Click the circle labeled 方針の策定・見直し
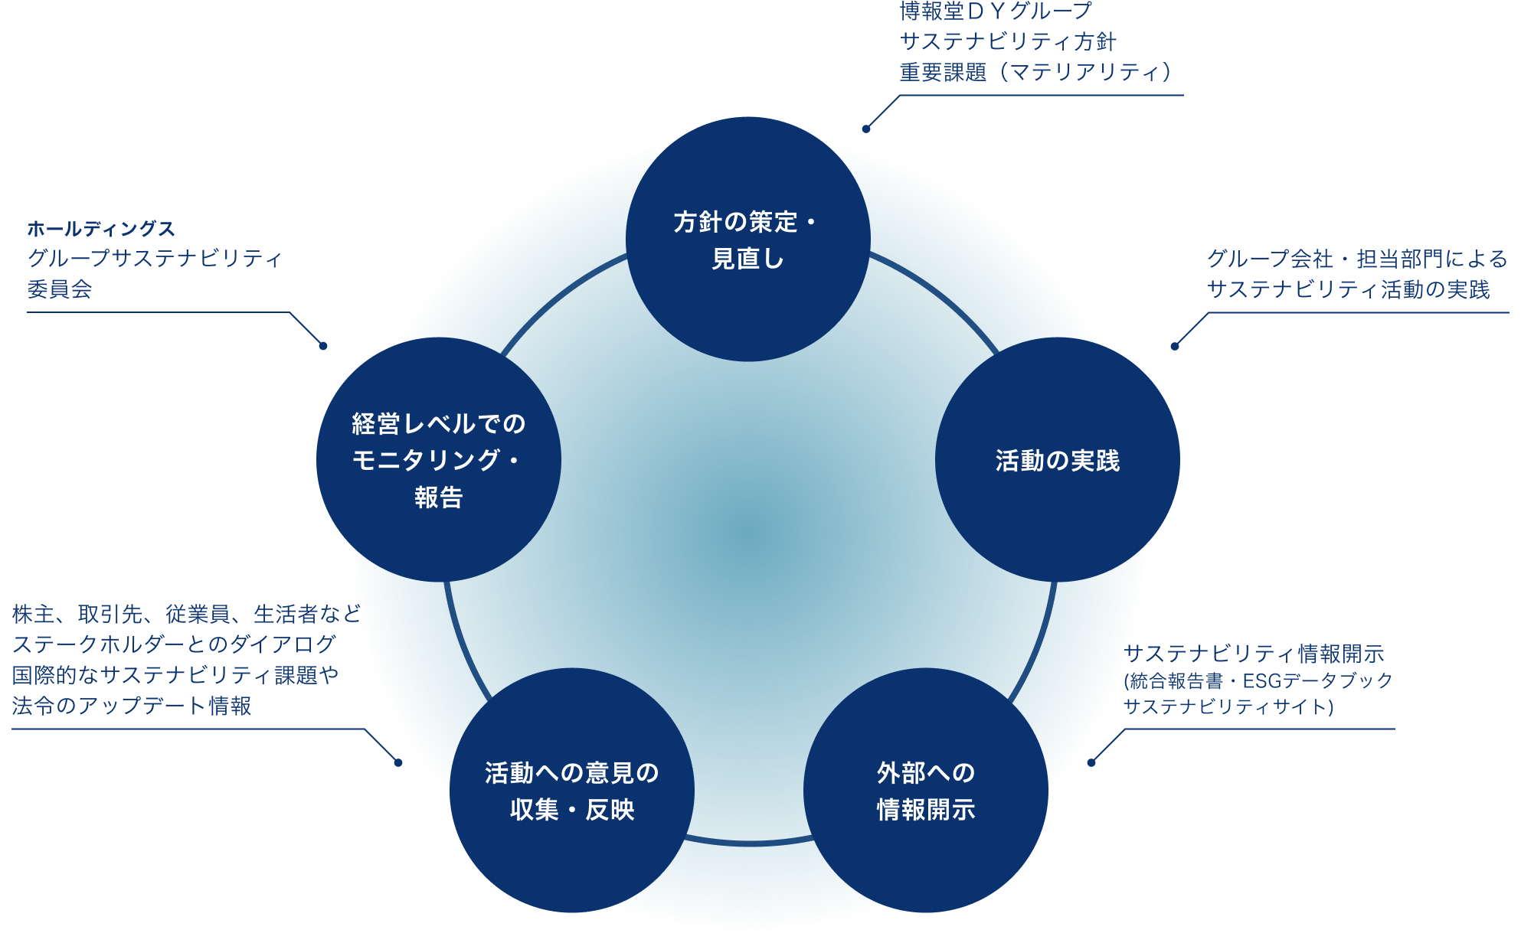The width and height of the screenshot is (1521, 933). [748, 239]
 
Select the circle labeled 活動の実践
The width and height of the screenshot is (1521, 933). [1058, 459]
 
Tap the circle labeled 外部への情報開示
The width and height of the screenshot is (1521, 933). [926, 790]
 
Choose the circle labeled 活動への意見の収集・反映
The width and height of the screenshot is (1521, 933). [572, 790]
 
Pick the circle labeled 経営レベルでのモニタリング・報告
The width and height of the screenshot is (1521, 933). [439, 459]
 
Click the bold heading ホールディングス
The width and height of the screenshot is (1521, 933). [101, 228]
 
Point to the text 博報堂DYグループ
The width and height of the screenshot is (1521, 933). [996, 11]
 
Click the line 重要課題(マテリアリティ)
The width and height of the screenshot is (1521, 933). [1036, 72]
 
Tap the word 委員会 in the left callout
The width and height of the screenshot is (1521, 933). [60, 289]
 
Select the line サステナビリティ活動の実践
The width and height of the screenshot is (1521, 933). [1349, 289]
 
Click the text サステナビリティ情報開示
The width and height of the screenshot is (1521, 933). [1254, 653]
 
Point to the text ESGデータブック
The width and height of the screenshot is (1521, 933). [1317, 680]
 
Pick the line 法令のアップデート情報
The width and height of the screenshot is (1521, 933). [132, 706]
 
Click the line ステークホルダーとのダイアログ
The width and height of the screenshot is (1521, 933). [175, 644]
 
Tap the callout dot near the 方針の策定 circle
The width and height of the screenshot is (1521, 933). [866, 129]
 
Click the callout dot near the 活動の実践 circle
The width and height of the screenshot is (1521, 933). [1175, 346]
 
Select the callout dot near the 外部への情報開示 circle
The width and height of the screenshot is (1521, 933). [1091, 762]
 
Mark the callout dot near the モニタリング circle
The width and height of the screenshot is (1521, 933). [323, 346]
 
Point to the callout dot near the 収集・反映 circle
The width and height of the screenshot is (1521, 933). [398, 762]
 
